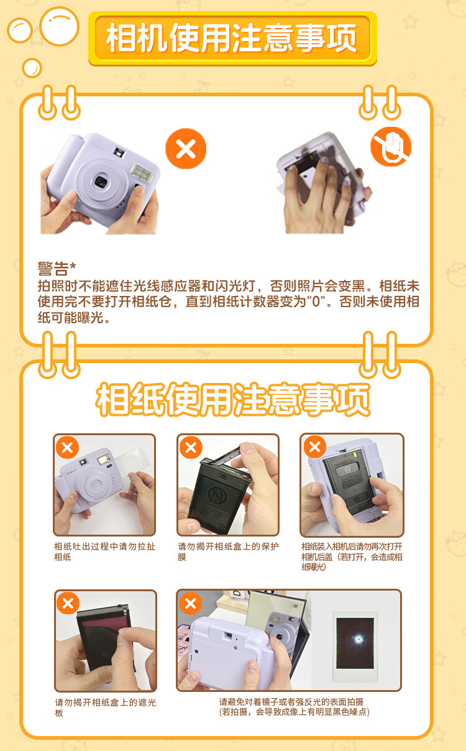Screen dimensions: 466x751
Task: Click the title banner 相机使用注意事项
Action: [x=232, y=38]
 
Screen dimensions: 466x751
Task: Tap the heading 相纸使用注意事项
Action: [x=233, y=399]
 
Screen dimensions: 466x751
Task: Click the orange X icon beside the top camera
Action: [x=186, y=149]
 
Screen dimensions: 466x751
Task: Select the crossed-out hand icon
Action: [x=391, y=147]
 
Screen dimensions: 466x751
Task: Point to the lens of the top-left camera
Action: [x=101, y=182]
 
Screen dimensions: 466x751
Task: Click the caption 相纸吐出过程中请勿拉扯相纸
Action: [x=104, y=551]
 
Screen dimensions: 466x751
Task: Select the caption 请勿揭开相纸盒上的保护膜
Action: [x=228, y=551]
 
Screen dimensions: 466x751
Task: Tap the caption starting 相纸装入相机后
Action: [x=352, y=556]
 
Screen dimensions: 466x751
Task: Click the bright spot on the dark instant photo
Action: [x=359, y=639]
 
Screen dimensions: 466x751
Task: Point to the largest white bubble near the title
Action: [x=59, y=26]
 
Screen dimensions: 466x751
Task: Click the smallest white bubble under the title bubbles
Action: [x=32, y=68]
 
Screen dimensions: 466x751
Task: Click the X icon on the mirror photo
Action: [x=191, y=604]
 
